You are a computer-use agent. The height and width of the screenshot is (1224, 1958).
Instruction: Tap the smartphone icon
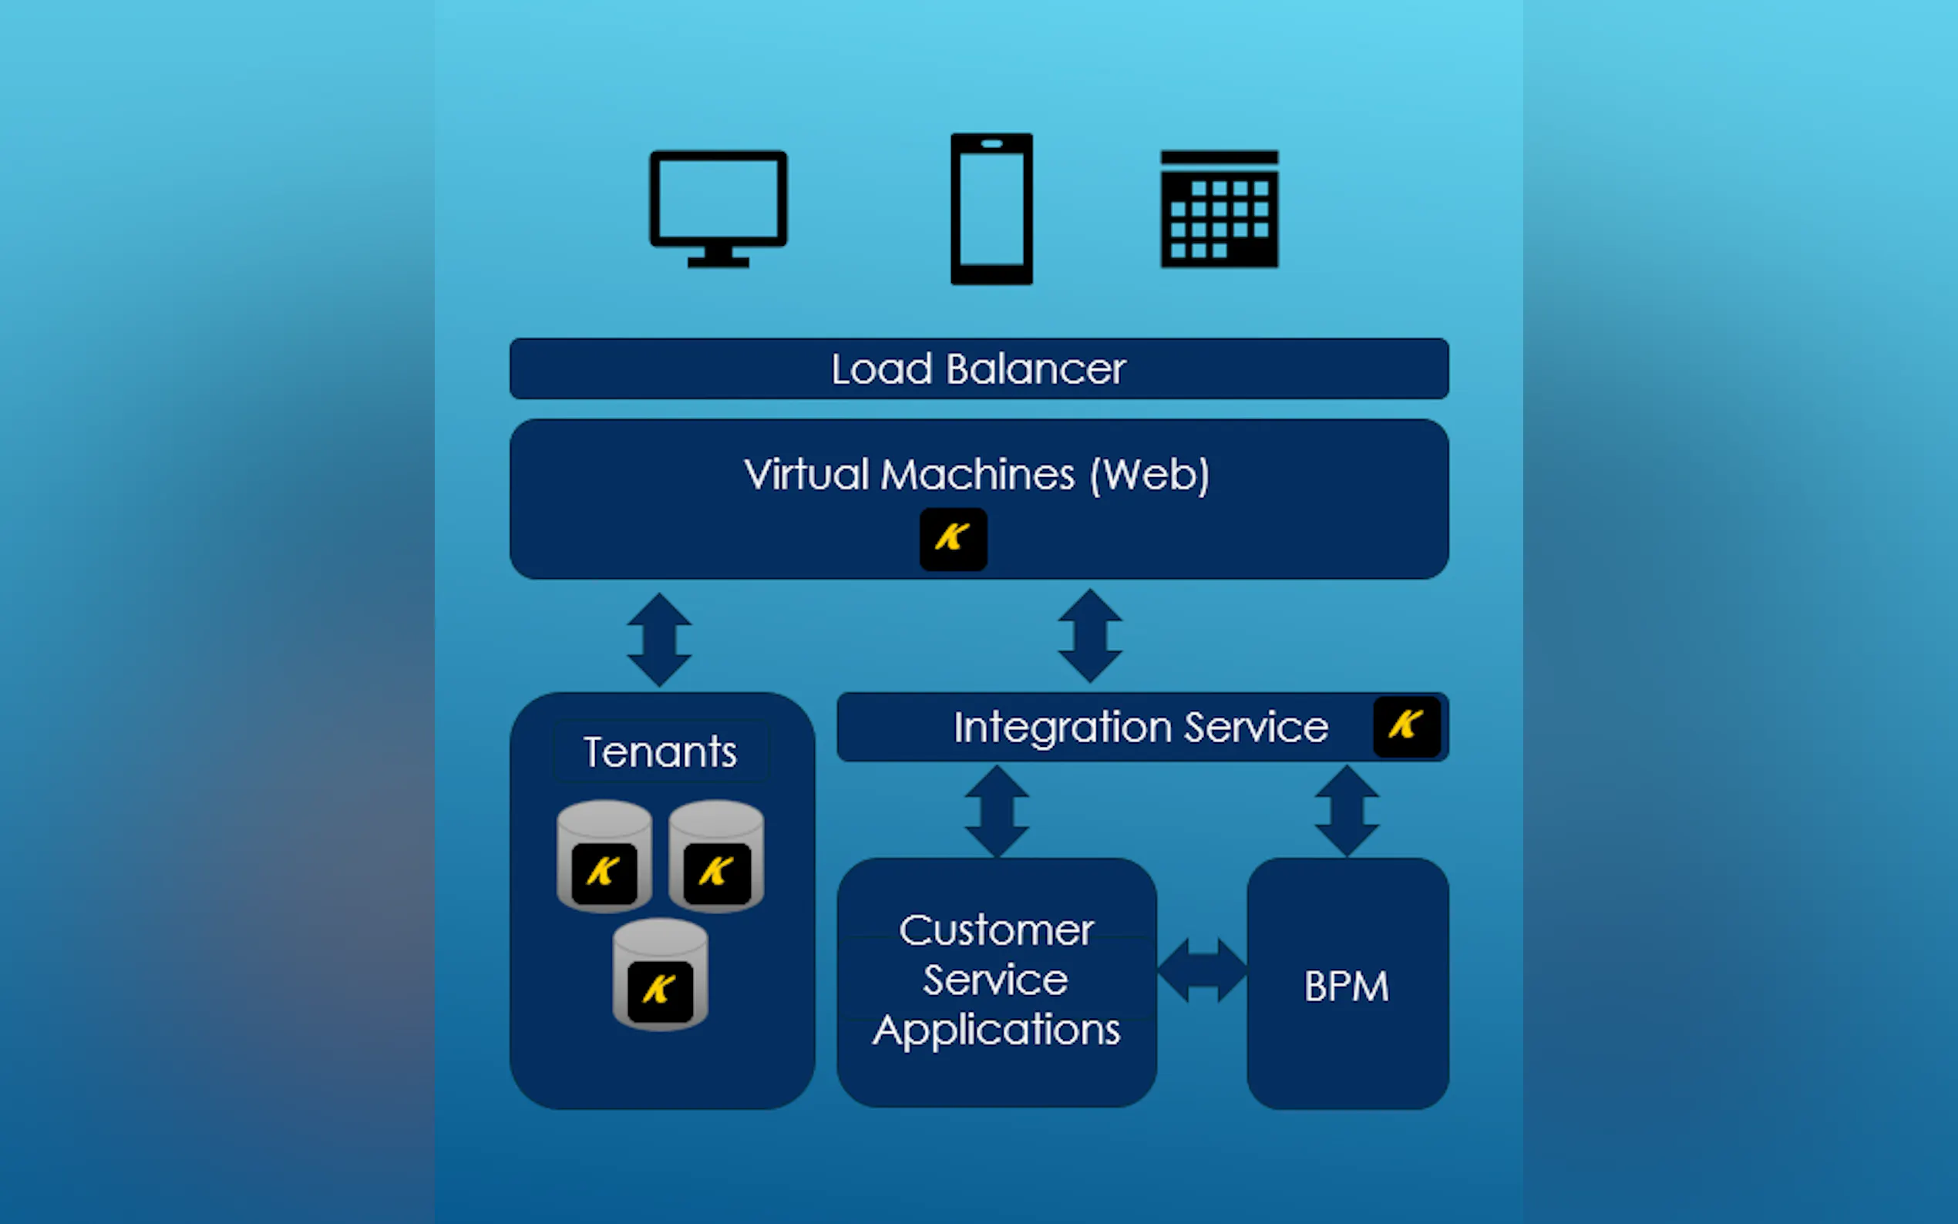click(991, 209)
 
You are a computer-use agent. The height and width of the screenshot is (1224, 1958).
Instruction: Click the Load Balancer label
click(978, 369)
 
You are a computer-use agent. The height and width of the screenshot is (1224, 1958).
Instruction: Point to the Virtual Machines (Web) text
click(976, 474)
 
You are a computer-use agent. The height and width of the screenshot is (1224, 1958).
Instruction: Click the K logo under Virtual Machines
click(953, 539)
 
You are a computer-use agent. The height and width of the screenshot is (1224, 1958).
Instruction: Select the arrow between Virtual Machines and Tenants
click(659, 640)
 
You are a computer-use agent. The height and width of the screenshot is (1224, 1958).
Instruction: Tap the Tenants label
click(660, 752)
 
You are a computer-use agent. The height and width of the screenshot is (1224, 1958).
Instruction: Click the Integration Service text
click(1140, 727)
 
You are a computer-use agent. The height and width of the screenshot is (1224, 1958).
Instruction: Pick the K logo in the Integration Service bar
click(1406, 726)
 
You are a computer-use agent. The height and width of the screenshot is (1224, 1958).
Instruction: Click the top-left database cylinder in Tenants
click(604, 856)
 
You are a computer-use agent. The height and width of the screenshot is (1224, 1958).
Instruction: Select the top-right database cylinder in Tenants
click(716, 856)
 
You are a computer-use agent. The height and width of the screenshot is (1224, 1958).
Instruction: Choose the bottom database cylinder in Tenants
click(660, 973)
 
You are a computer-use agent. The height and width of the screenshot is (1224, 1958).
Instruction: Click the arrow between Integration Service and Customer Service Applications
click(997, 811)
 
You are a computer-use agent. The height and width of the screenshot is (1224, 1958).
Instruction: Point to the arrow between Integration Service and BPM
click(1347, 811)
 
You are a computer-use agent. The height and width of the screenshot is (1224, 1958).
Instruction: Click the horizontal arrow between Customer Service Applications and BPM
click(1202, 970)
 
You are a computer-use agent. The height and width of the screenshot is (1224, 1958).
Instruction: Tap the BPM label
click(1346, 987)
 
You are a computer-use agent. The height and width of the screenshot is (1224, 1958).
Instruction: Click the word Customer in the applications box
click(997, 930)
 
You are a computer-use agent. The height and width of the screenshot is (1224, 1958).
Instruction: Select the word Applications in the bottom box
click(997, 1031)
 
